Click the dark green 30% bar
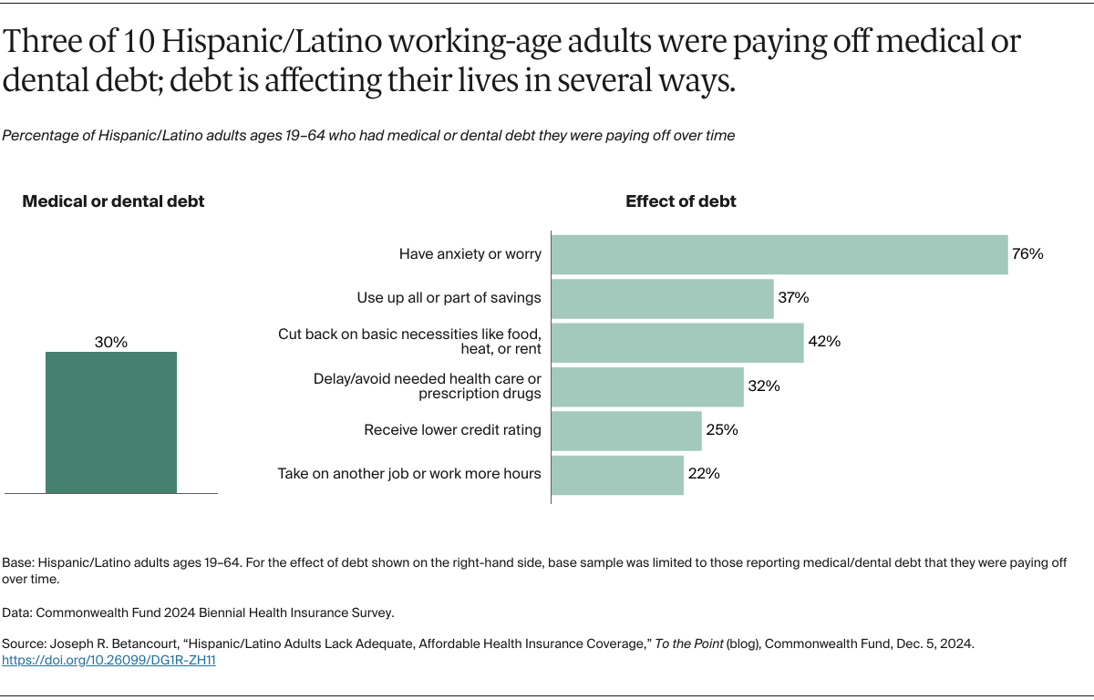tap(111, 422)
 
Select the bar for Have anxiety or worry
tap(779, 254)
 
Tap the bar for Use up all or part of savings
tap(663, 298)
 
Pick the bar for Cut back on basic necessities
tap(677, 342)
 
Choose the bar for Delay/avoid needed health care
tap(647, 386)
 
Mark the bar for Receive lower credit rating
tap(626, 430)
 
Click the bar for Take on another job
tap(617, 474)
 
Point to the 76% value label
tap(1027, 254)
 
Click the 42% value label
tap(824, 342)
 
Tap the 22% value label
tap(704, 474)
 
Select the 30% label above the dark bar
tap(111, 343)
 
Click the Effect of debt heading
tap(680, 202)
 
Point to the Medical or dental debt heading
tap(113, 202)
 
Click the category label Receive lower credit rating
tap(452, 430)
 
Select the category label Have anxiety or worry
tap(470, 254)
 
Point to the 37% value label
tap(793, 298)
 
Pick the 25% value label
tap(721, 430)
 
